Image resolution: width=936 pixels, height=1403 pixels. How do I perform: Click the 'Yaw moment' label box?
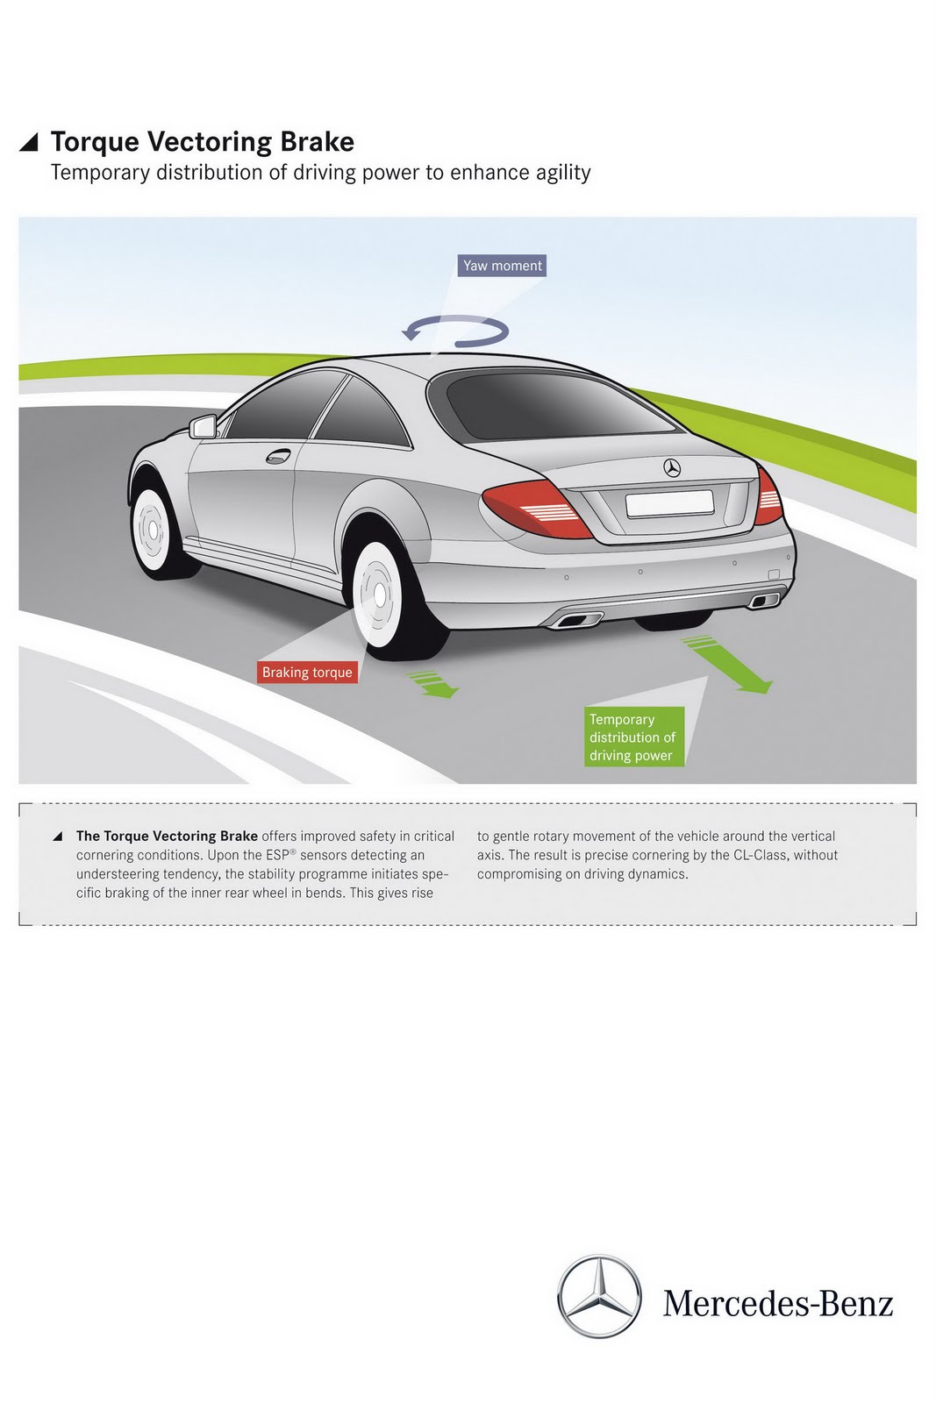(503, 266)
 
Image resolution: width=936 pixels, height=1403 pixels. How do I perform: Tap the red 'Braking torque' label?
(307, 673)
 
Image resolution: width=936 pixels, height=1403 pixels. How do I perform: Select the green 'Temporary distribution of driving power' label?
(632, 737)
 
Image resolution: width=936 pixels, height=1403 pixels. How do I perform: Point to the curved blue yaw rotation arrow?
(457, 330)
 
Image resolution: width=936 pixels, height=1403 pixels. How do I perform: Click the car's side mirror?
(204, 427)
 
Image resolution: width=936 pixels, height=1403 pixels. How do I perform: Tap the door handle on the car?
(278, 456)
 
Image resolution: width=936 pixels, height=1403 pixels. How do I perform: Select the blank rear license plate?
(668, 503)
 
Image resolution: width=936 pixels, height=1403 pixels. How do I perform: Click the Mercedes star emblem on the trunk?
(672, 468)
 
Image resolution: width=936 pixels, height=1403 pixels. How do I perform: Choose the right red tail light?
(768, 496)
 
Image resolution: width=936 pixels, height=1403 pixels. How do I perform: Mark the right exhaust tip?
(765, 600)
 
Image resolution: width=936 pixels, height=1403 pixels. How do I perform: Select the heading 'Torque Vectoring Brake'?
(203, 142)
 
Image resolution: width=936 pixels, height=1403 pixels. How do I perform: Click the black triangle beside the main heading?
(29, 141)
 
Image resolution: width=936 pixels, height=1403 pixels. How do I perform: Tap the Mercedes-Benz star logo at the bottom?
(600, 1296)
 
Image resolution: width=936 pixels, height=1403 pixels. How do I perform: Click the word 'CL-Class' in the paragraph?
(761, 855)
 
